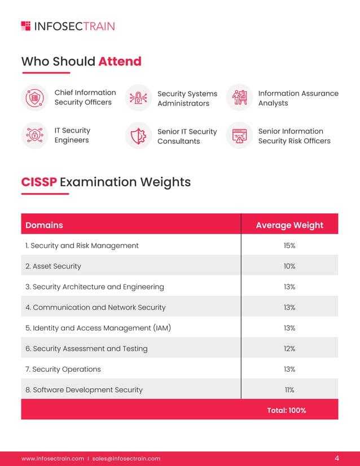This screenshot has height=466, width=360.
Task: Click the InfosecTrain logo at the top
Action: [x=68, y=26]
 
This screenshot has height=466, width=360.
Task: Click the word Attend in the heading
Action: [x=120, y=61]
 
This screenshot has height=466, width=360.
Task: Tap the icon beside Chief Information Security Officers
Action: [x=35, y=98]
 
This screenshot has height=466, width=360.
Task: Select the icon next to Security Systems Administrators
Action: [x=138, y=98]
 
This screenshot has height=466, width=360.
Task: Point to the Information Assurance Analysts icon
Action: [x=239, y=98]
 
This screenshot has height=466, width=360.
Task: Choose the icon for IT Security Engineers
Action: [x=35, y=135]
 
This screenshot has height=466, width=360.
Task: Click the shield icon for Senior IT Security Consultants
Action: [x=138, y=136]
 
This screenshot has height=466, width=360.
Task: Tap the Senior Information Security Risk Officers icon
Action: [x=239, y=135]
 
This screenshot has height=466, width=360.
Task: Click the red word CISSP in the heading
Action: [x=39, y=182]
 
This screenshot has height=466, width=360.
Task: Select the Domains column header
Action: [x=44, y=225]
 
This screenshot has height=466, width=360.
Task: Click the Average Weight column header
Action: [x=289, y=225]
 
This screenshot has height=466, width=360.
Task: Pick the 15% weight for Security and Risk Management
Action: [x=289, y=245]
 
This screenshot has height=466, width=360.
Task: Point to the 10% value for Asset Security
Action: [x=289, y=266]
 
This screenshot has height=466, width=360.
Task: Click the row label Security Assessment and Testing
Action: [x=86, y=349]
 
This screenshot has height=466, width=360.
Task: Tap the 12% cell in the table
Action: [x=289, y=349]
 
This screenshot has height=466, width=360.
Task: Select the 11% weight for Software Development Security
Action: [x=289, y=390]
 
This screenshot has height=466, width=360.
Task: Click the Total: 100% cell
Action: [x=287, y=410]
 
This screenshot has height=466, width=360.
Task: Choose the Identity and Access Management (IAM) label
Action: [x=98, y=328]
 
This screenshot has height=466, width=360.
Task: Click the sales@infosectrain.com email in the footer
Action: [x=126, y=459]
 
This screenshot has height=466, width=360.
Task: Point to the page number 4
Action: [x=337, y=458]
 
